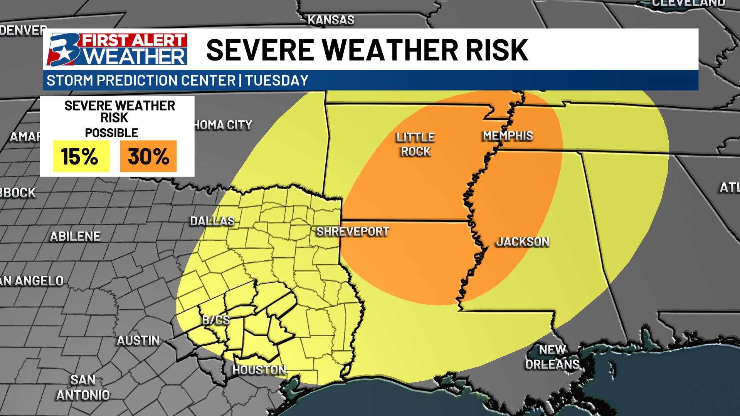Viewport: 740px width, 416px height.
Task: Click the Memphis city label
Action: [x=508, y=136]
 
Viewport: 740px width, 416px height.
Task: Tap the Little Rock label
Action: [x=415, y=144]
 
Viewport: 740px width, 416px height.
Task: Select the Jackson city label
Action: [x=523, y=242]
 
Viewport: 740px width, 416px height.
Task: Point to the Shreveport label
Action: [x=353, y=231]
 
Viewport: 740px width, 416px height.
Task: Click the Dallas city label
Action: [x=212, y=221]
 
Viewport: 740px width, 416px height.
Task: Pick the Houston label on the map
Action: [x=259, y=370]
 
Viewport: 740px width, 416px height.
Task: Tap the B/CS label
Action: [x=216, y=320]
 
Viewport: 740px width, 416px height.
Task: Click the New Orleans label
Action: [x=552, y=357]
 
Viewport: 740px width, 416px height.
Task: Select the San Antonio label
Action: [x=83, y=387]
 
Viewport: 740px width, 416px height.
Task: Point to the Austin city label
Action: [x=138, y=341]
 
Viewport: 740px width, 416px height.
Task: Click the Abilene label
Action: [x=75, y=237]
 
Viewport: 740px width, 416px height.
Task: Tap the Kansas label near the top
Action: [x=331, y=20]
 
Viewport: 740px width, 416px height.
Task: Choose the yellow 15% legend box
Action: [x=81, y=156]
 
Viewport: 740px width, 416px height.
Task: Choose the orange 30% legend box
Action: [x=148, y=156]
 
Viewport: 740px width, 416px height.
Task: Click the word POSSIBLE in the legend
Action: [x=111, y=133]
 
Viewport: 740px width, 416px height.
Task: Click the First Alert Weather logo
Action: [x=117, y=49]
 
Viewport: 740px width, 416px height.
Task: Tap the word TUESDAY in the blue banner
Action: [x=277, y=81]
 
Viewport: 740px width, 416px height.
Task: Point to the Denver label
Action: [x=23, y=30]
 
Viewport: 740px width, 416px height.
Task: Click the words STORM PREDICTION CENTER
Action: [x=141, y=81]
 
